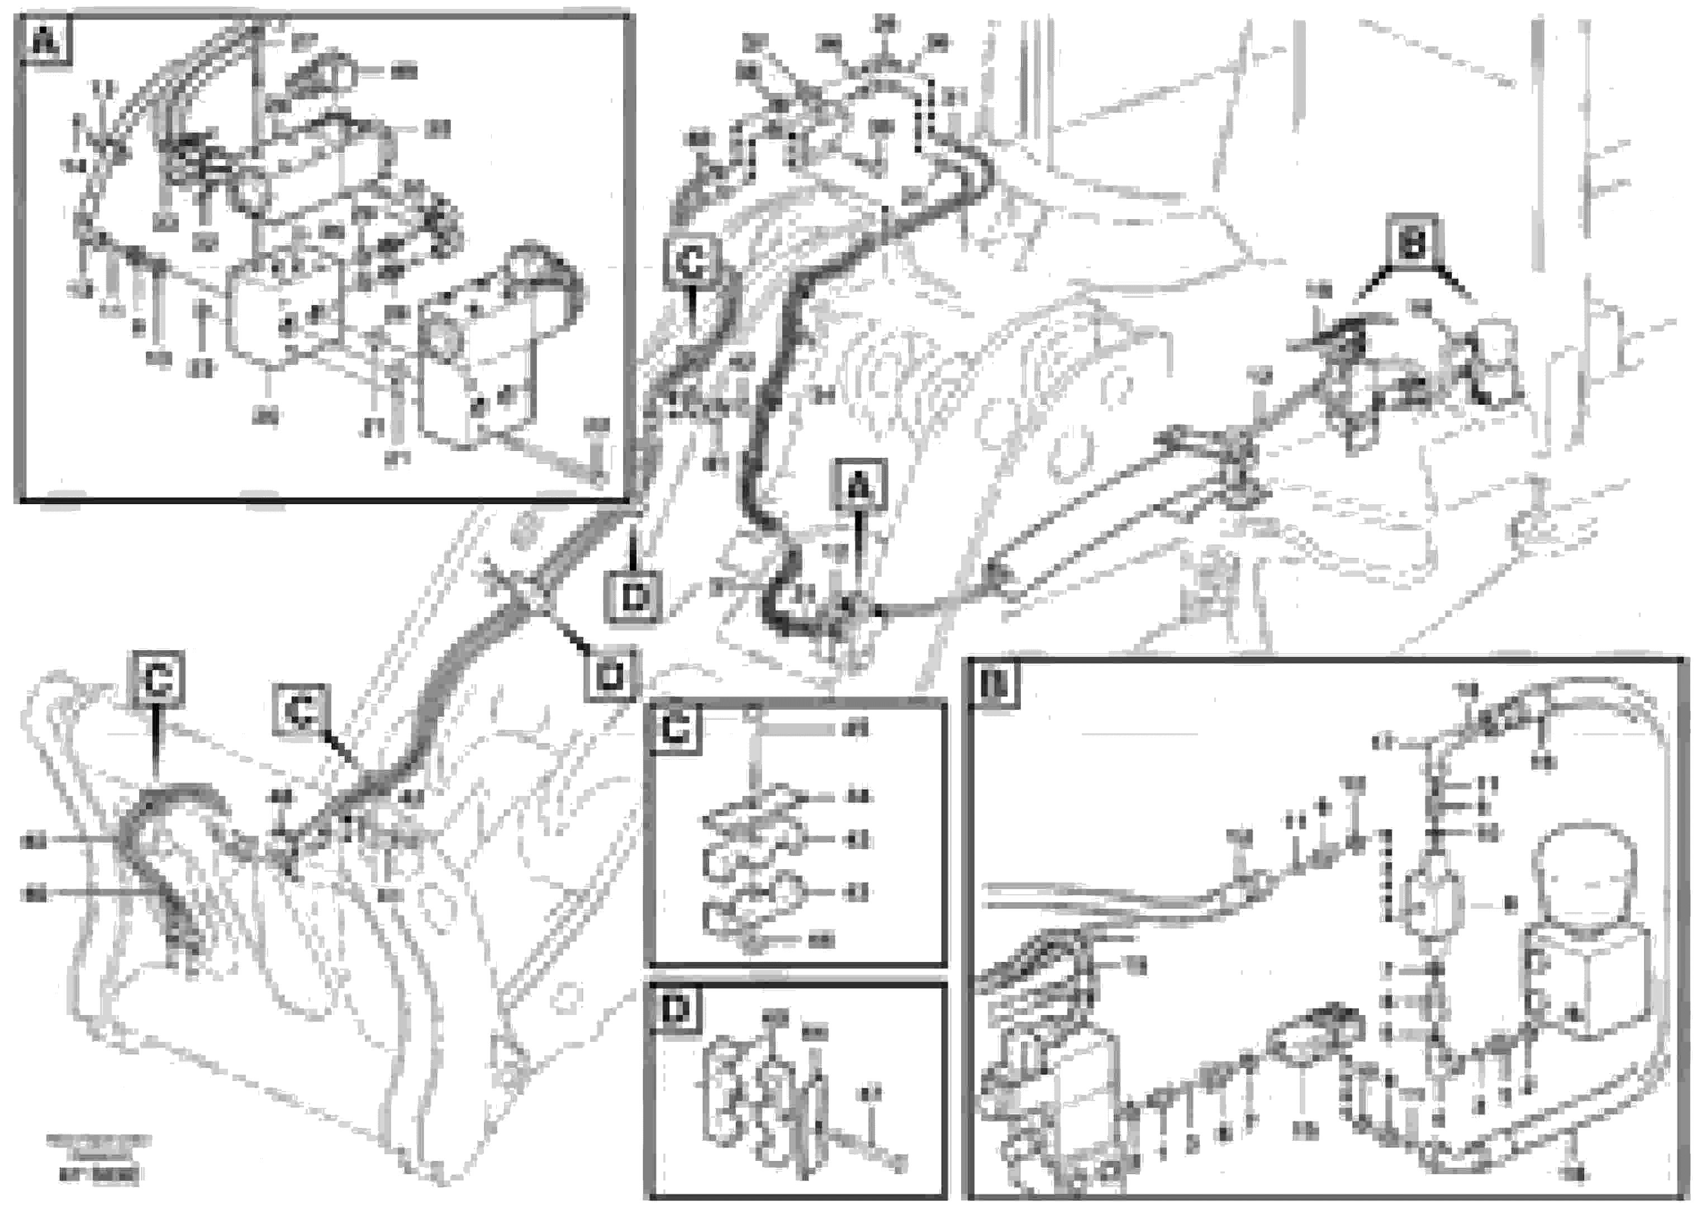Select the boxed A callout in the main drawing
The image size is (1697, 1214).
click(x=860, y=486)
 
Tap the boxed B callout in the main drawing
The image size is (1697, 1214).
click(x=1412, y=241)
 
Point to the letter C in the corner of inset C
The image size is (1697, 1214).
click(x=676, y=727)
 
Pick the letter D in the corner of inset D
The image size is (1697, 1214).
click(x=676, y=1010)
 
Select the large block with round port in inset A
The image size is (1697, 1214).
click(x=478, y=363)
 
